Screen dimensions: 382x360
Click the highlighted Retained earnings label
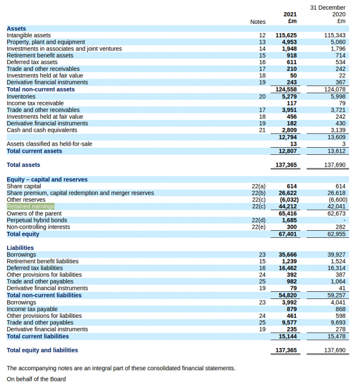click(x=30, y=207)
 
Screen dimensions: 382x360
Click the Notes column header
click(x=258, y=22)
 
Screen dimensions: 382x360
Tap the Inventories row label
click(x=21, y=96)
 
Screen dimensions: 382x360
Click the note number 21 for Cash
click(x=262, y=130)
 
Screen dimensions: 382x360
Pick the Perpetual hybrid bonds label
click(x=37, y=221)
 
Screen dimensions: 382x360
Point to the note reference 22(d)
click(x=259, y=221)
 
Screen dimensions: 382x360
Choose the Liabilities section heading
click(x=20, y=248)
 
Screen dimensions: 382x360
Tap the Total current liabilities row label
click(x=38, y=336)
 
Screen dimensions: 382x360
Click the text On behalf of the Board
click(x=36, y=378)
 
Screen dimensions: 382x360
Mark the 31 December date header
click(x=328, y=8)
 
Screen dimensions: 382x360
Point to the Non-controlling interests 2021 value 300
click(x=292, y=227)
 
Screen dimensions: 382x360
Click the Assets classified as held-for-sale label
click(x=49, y=144)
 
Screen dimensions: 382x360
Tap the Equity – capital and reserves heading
click(x=47, y=179)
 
